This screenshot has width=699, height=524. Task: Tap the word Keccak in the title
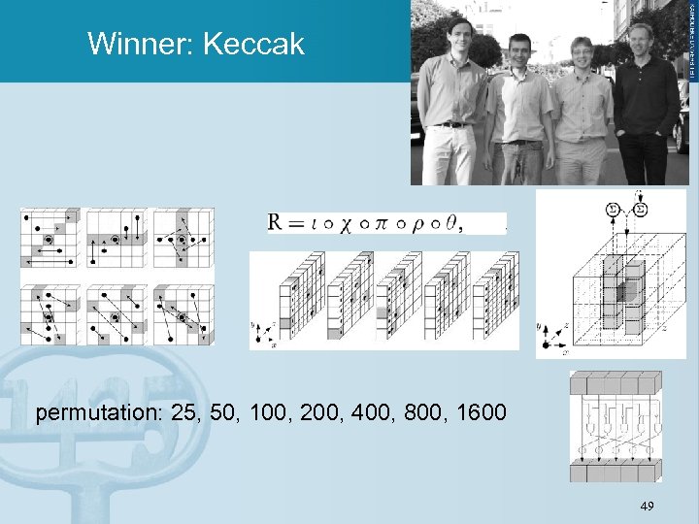(x=252, y=44)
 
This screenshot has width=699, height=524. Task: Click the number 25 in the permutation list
(x=181, y=413)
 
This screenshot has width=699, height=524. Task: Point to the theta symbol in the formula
(x=449, y=223)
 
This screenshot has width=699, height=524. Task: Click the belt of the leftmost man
(x=450, y=124)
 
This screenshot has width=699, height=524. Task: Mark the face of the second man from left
(x=520, y=49)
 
